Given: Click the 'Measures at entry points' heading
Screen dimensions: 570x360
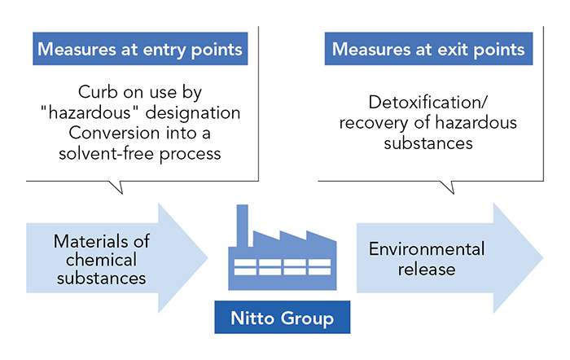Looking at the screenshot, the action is [x=140, y=49].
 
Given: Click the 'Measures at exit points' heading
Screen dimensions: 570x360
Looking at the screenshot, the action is [x=428, y=49].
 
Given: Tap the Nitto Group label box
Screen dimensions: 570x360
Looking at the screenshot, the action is [x=282, y=317].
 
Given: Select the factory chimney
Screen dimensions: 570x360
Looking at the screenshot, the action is [x=243, y=226].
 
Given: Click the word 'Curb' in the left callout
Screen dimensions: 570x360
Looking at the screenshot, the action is [x=98, y=92].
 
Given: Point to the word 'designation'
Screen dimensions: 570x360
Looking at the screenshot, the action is [x=193, y=113].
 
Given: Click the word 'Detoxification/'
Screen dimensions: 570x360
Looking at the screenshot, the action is [x=427, y=102].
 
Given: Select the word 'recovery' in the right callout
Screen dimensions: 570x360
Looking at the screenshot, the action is [x=374, y=123].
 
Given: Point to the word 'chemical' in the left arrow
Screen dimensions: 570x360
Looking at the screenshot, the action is [x=102, y=260].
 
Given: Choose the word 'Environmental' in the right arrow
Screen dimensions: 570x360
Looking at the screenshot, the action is [x=427, y=249].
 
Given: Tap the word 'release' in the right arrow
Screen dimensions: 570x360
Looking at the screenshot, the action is [x=427, y=270].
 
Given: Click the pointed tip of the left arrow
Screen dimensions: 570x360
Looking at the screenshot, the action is [x=207, y=258].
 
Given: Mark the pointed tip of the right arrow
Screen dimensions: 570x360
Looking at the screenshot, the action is [x=543, y=258].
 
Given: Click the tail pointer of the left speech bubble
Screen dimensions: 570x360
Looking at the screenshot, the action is [x=118, y=187].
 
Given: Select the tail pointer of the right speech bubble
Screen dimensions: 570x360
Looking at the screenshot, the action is [x=449, y=187].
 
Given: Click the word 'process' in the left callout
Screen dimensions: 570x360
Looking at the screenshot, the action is [x=190, y=155].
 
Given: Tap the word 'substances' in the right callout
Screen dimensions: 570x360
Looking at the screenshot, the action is [x=428, y=143].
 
